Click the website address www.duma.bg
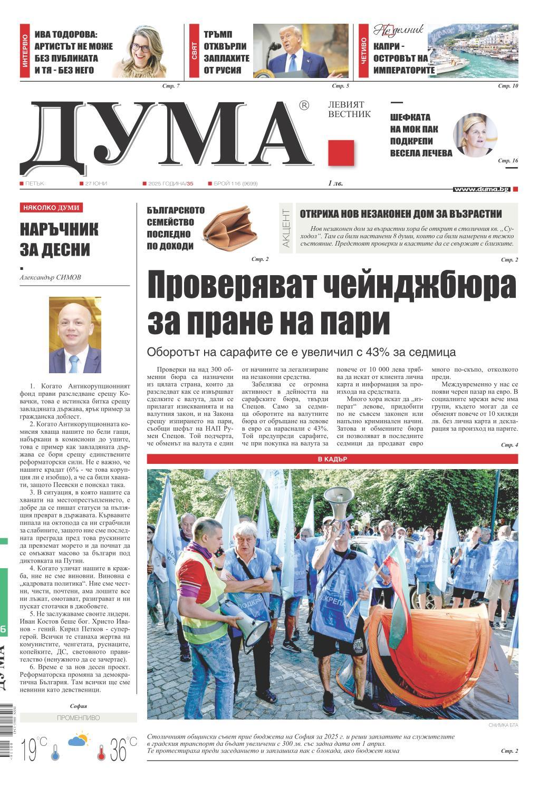tap(481, 189)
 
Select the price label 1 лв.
tap(335, 183)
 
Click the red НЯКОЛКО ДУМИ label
tap(51, 208)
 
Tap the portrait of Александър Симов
tap(75, 335)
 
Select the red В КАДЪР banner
tap(332, 459)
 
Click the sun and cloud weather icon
tap(78, 740)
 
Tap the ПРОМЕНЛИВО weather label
tap(78, 718)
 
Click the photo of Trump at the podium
tap(301, 51)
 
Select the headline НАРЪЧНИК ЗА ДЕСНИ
tap(60, 239)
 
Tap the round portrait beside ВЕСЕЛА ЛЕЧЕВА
tap(476, 134)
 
